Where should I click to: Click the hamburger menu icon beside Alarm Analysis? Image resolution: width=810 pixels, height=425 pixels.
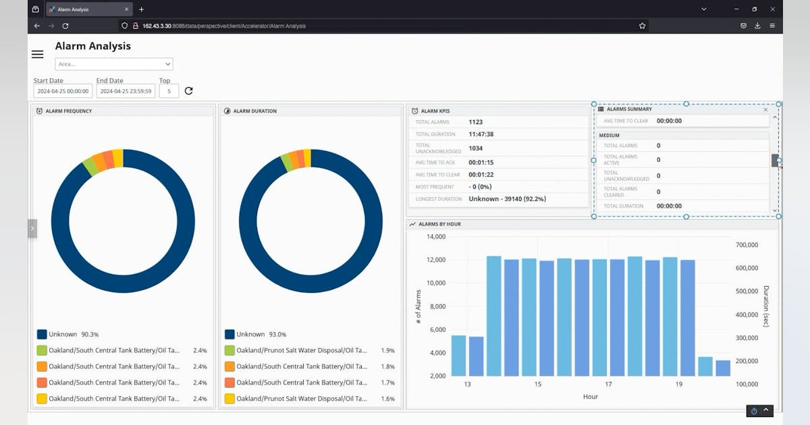[38, 55]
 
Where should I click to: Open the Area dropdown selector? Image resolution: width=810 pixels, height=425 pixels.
[113, 64]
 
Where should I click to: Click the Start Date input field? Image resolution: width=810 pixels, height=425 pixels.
[63, 91]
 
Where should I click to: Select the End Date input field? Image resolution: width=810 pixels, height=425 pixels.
[126, 91]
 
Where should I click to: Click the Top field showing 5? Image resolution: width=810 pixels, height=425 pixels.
[169, 91]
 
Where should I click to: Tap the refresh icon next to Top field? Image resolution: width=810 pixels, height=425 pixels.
[189, 91]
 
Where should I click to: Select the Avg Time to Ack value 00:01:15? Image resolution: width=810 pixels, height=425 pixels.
[482, 163]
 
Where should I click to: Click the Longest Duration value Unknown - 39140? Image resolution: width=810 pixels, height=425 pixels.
[507, 199]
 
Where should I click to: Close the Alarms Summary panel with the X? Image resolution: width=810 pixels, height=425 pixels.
[765, 109]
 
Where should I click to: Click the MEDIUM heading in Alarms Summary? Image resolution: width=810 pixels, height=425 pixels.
[610, 136]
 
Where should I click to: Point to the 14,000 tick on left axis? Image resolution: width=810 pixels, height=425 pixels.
[436, 237]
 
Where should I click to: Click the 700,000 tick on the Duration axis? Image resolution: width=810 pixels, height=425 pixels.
[747, 245]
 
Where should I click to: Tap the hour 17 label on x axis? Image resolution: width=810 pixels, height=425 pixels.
[608, 385]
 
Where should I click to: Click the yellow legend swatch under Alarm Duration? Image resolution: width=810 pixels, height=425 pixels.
[230, 399]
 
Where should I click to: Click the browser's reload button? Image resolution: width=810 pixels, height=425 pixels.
[65, 26]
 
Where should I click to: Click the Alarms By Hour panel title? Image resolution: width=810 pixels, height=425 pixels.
[439, 224]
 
